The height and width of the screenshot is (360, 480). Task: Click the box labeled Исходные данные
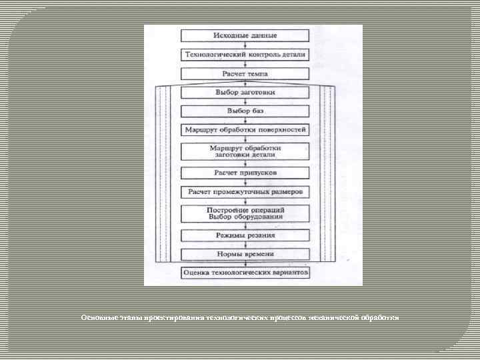(245, 35)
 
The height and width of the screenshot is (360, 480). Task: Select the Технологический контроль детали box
(245, 53)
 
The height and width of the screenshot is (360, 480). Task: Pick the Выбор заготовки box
(245, 92)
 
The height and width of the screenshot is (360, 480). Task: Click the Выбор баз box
(245, 111)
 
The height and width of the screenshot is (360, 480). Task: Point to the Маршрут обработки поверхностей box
(245, 129)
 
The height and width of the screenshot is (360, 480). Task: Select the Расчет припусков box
(245, 173)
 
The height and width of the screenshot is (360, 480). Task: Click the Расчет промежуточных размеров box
(245, 192)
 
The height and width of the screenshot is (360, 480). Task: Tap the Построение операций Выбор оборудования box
(245, 213)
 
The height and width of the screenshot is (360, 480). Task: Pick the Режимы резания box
(245, 235)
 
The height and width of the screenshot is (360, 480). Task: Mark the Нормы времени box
(245, 254)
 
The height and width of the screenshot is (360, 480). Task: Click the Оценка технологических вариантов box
(245, 273)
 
